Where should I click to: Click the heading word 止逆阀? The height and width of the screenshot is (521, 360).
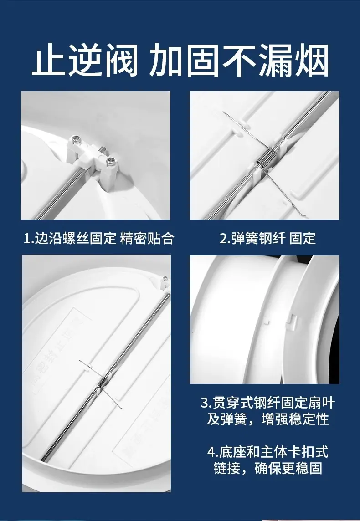(x=85, y=60)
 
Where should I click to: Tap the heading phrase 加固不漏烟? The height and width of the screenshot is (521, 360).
(x=238, y=60)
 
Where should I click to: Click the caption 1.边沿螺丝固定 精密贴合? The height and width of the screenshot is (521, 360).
(x=99, y=238)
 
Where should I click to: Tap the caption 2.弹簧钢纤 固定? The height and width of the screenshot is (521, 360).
(x=267, y=238)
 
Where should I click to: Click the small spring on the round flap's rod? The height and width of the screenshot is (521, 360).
(x=103, y=382)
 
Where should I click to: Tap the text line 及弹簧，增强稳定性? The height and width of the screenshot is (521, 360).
(x=267, y=419)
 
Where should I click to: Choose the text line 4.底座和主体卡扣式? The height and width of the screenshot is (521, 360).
(x=267, y=452)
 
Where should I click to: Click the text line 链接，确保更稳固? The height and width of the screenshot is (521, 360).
(x=267, y=468)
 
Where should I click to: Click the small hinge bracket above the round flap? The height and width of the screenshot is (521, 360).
(x=165, y=282)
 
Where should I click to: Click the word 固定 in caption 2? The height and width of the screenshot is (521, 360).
(x=303, y=238)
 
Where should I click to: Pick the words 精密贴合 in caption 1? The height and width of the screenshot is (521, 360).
(x=147, y=238)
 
